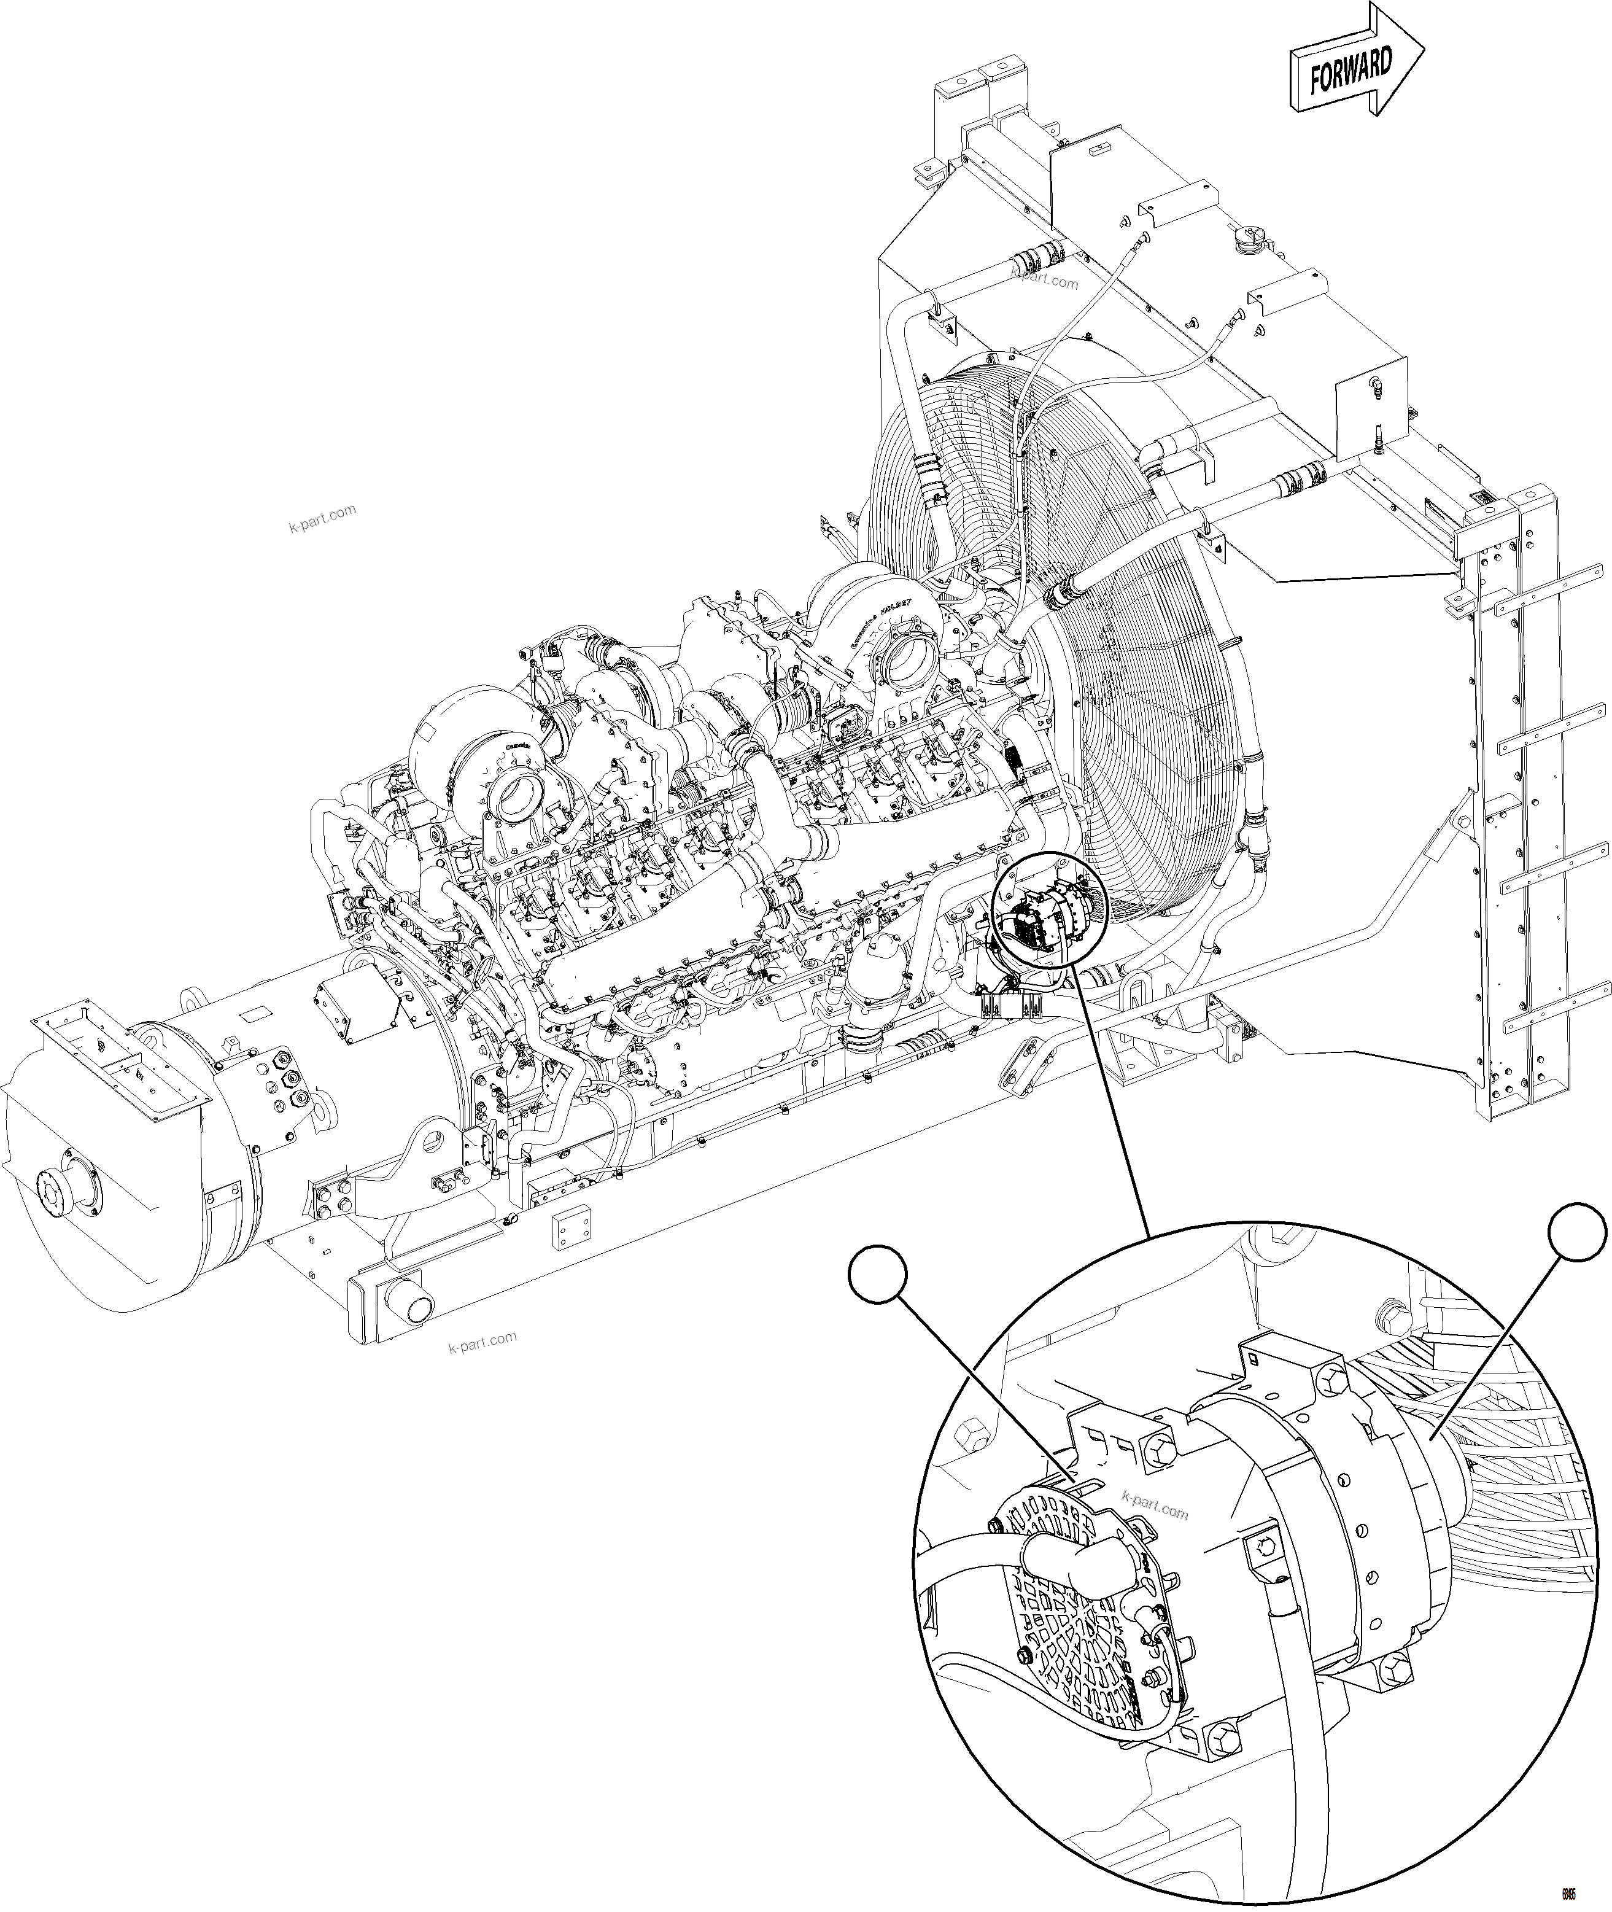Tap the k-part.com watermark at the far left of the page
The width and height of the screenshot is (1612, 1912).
[322, 520]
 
